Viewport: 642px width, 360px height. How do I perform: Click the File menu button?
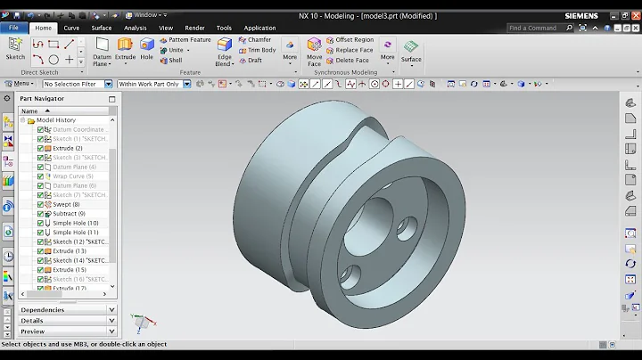click(14, 28)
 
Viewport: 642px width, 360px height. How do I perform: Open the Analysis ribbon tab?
click(135, 28)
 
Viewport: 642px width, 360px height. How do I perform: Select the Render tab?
click(194, 28)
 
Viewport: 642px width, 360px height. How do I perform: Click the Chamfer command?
click(259, 40)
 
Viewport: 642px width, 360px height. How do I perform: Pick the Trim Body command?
click(260, 50)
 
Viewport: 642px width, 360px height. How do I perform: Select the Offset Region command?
click(354, 40)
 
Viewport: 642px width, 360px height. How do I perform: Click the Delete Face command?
click(351, 61)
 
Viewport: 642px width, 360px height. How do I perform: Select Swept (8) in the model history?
click(65, 205)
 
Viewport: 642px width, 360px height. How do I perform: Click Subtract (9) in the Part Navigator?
click(69, 214)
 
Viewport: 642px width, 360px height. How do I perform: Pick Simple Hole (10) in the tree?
click(75, 224)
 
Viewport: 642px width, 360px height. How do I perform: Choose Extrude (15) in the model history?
click(69, 270)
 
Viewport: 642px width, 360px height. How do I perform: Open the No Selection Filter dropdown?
click(78, 84)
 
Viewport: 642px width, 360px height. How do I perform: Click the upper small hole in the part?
click(407, 224)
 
